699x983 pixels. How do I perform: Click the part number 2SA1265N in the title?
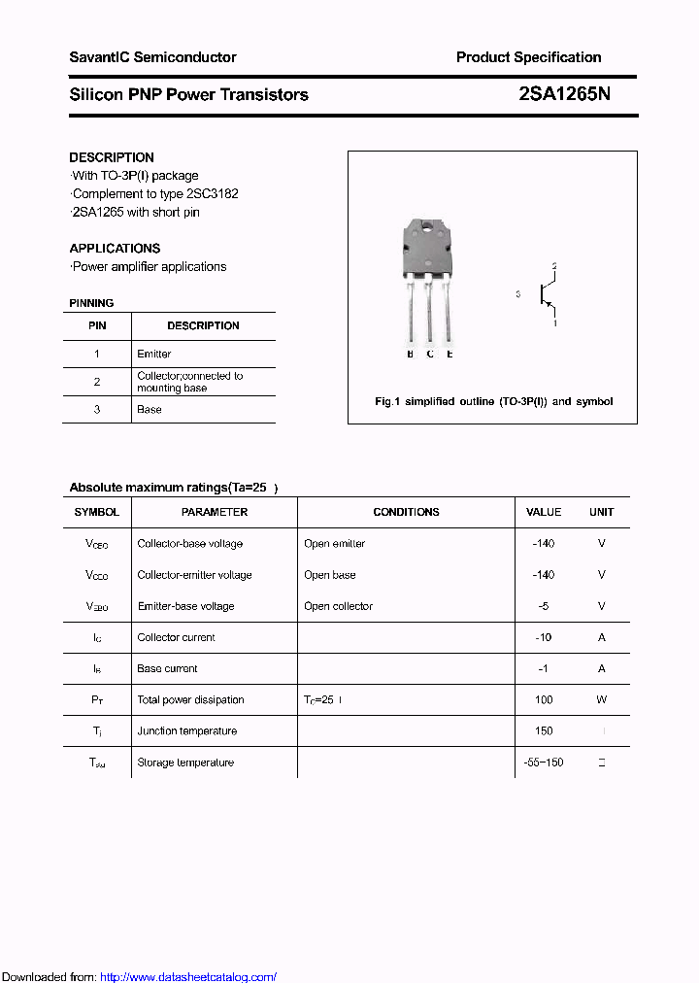564,94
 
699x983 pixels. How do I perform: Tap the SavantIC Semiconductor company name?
152,57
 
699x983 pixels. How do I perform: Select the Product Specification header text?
528,57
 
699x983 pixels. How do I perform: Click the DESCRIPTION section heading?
112,157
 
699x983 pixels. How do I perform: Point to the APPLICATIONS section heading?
115,248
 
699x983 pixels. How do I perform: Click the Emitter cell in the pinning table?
154,355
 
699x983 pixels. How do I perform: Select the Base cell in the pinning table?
150,410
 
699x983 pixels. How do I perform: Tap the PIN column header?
97,326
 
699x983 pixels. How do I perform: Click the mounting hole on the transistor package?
428,229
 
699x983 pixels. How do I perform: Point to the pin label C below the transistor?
429,355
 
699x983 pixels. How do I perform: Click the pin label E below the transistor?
449,355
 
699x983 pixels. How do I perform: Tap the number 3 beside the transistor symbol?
518,293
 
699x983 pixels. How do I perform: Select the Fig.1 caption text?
493,401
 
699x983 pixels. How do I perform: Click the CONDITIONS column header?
406,512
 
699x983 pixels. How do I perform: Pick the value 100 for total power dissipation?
544,700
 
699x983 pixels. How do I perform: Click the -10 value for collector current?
544,638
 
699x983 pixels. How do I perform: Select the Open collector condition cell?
338,606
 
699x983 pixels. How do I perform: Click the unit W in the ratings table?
602,700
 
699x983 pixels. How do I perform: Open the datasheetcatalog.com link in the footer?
188,977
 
